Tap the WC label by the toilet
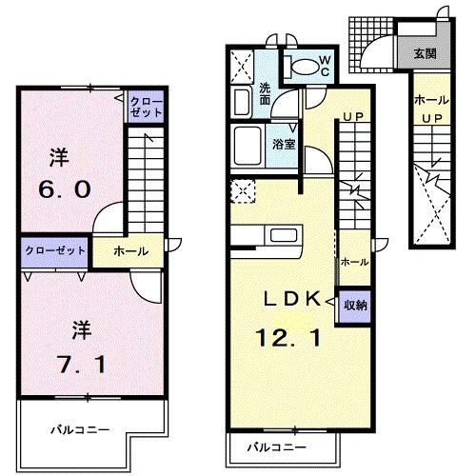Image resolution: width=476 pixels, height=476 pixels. click(x=324, y=66)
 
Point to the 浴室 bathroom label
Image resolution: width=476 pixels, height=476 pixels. click(x=282, y=146)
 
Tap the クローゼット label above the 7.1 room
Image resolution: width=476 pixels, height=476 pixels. click(x=52, y=250)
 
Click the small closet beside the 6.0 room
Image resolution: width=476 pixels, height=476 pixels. click(x=146, y=106)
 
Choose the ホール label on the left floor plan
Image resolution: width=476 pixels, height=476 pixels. click(x=130, y=251)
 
